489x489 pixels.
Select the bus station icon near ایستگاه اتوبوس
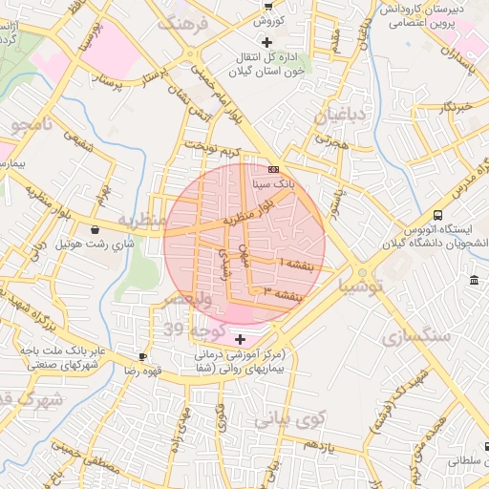click(x=437, y=215)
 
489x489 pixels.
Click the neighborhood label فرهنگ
click(x=182, y=23)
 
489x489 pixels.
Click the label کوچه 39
click(x=187, y=330)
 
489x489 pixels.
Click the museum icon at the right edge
click(x=475, y=280)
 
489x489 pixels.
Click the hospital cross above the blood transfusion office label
click(x=266, y=42)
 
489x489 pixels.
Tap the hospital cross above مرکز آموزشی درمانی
click(x=239, y=339)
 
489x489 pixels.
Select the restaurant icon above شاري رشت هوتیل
click(x=96, y=229)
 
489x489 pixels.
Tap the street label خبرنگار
click(x=455, y=107)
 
